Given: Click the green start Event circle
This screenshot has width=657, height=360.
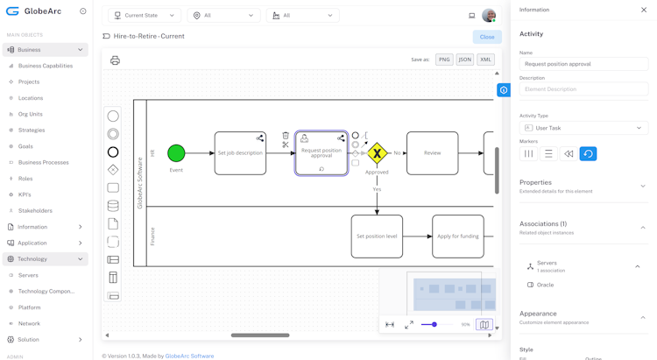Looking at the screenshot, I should point(176,153).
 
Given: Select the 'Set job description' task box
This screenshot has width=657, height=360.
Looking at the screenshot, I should point(240,153).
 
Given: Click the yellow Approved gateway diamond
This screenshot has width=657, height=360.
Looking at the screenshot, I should point(377,153).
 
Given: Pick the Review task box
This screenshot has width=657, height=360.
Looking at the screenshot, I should point(432,153).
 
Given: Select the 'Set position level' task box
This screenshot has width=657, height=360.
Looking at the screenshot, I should point(377,236).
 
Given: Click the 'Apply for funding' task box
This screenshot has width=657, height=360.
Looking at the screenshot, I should point(457,236).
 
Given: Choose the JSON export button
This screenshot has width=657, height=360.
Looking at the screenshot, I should point(464,60).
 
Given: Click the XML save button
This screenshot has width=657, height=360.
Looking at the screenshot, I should point(485,60).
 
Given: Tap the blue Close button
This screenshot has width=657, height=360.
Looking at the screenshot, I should point(487,37).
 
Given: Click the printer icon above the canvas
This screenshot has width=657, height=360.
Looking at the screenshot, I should point(115,60).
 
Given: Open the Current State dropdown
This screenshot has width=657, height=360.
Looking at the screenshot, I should point(145,15).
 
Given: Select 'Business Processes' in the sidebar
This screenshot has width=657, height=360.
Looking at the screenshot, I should point(43,162).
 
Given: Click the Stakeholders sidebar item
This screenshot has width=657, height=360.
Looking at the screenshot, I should point(35,210).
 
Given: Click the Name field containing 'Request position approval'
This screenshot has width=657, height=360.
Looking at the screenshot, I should point(583,64).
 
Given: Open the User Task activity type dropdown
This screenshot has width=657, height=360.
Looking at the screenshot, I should point(583,128).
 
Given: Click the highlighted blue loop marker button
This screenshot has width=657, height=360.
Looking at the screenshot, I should point(588,153).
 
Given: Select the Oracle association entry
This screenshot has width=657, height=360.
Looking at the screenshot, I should point(545,285).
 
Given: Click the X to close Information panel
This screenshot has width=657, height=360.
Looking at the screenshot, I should point(644,10).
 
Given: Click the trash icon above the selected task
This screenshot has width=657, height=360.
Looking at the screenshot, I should point(286,136).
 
